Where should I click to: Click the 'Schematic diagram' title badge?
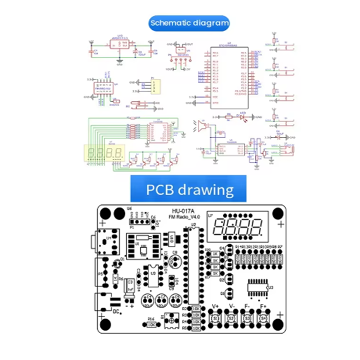pos(189,23)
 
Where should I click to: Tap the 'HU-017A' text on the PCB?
pos(182,211)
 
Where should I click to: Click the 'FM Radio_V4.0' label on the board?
pos(183,217)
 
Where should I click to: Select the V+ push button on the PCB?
pos(216,317)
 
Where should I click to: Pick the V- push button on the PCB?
pos(232,317)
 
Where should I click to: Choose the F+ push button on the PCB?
pos(264,317)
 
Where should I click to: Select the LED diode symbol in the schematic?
pos(243,116)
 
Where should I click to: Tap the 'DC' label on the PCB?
pos(115,311)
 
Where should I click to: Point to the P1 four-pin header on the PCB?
pos(140,222)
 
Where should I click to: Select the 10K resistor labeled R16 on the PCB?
pos(153,324)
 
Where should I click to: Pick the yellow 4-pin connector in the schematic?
pos(154,86)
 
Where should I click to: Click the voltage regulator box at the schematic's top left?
pos(120,45)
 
